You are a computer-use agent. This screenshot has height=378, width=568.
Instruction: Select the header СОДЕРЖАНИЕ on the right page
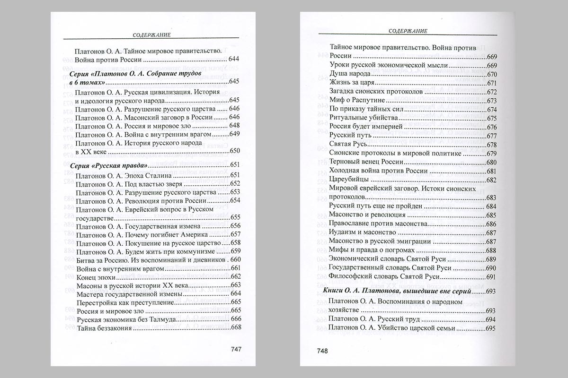pos(408,31)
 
